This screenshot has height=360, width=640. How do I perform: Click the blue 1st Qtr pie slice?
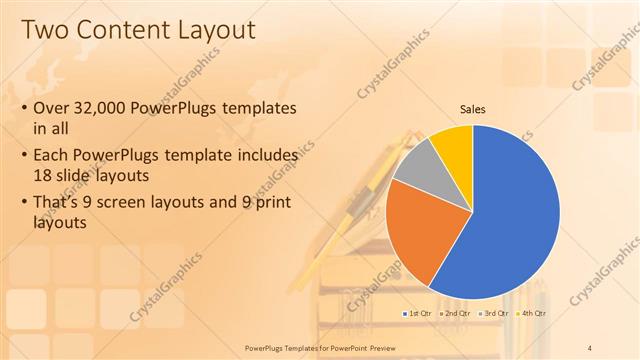[510, 220]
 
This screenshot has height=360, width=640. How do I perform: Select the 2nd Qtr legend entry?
[457, 313]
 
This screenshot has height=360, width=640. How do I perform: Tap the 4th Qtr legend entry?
[533, 313]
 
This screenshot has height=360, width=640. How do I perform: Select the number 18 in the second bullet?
[45, 175]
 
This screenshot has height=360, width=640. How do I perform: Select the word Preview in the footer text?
[393, 347]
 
